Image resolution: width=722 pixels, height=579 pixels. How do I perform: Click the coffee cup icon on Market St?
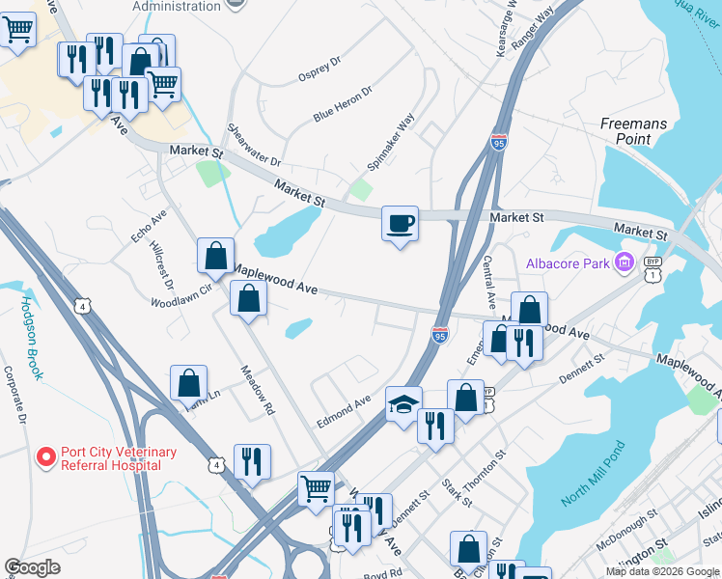click(x=400, y=224)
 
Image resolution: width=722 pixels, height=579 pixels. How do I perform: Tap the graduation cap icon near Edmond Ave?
click(x=403, y=404)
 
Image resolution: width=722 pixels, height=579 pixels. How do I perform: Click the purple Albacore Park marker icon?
click(x=624, y=262)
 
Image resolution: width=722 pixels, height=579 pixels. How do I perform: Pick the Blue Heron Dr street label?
click(x=343, y=103)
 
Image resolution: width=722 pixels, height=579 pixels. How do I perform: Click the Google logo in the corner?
click(x=33, y=567)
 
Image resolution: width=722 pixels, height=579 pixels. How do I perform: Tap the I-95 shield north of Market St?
click(x=498, y=143)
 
